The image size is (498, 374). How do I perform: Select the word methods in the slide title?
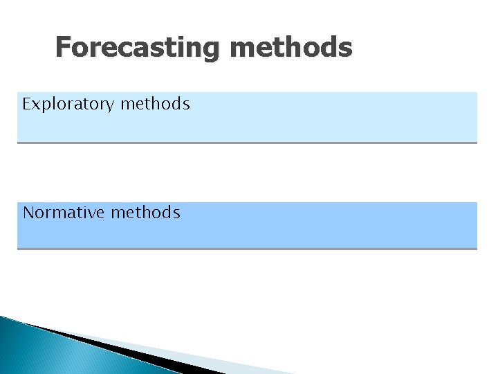click(x=290, y=48)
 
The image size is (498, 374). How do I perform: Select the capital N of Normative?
click(x=28, y=213)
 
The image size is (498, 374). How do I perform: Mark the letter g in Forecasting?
click(x=211, y=51)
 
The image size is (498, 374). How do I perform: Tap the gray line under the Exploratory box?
click(x=247, y=143)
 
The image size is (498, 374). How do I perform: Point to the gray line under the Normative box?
click(x=247, y=249)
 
